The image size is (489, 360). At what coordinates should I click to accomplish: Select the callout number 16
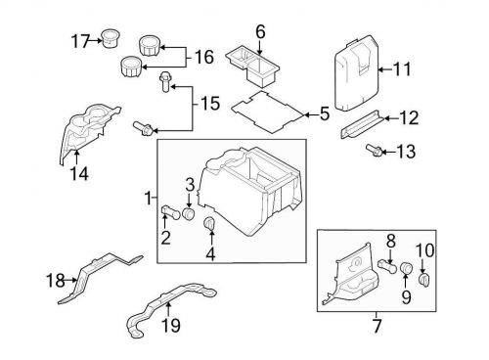tap(203, 57)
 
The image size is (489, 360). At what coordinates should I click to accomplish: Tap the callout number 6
tap(260, 32)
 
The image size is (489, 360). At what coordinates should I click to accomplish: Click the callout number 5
tap(325, 114)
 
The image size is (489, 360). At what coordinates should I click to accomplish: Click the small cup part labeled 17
tap(108, 39)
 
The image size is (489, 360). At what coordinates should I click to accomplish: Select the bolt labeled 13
tap(375, 151)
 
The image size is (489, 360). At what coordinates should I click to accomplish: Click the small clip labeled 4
tap(208, 226)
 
